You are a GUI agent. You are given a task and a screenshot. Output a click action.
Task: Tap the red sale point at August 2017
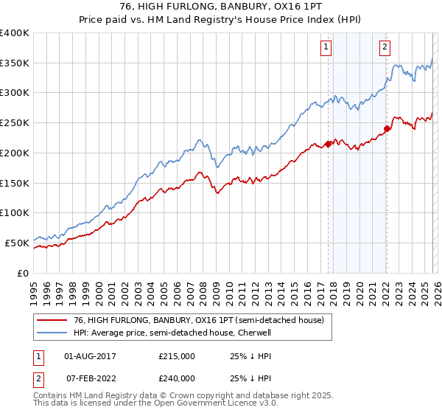click(x=328, y=145)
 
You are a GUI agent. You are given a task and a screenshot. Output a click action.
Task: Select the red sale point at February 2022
click(x=387, y=129)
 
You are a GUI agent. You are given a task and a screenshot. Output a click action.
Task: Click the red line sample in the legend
click(x=52, y=320)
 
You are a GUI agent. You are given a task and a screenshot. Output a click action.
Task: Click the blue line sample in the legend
click(x=52, y=333)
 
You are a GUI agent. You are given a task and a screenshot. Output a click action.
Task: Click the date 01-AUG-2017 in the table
click(x=90, y=356)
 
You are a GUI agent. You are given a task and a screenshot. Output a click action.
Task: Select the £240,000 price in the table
click(x=177, y=377)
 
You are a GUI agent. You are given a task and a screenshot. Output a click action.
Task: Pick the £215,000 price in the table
click(x=177, y=356)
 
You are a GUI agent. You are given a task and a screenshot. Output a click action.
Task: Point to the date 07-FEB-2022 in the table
click(x=90, y=377)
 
